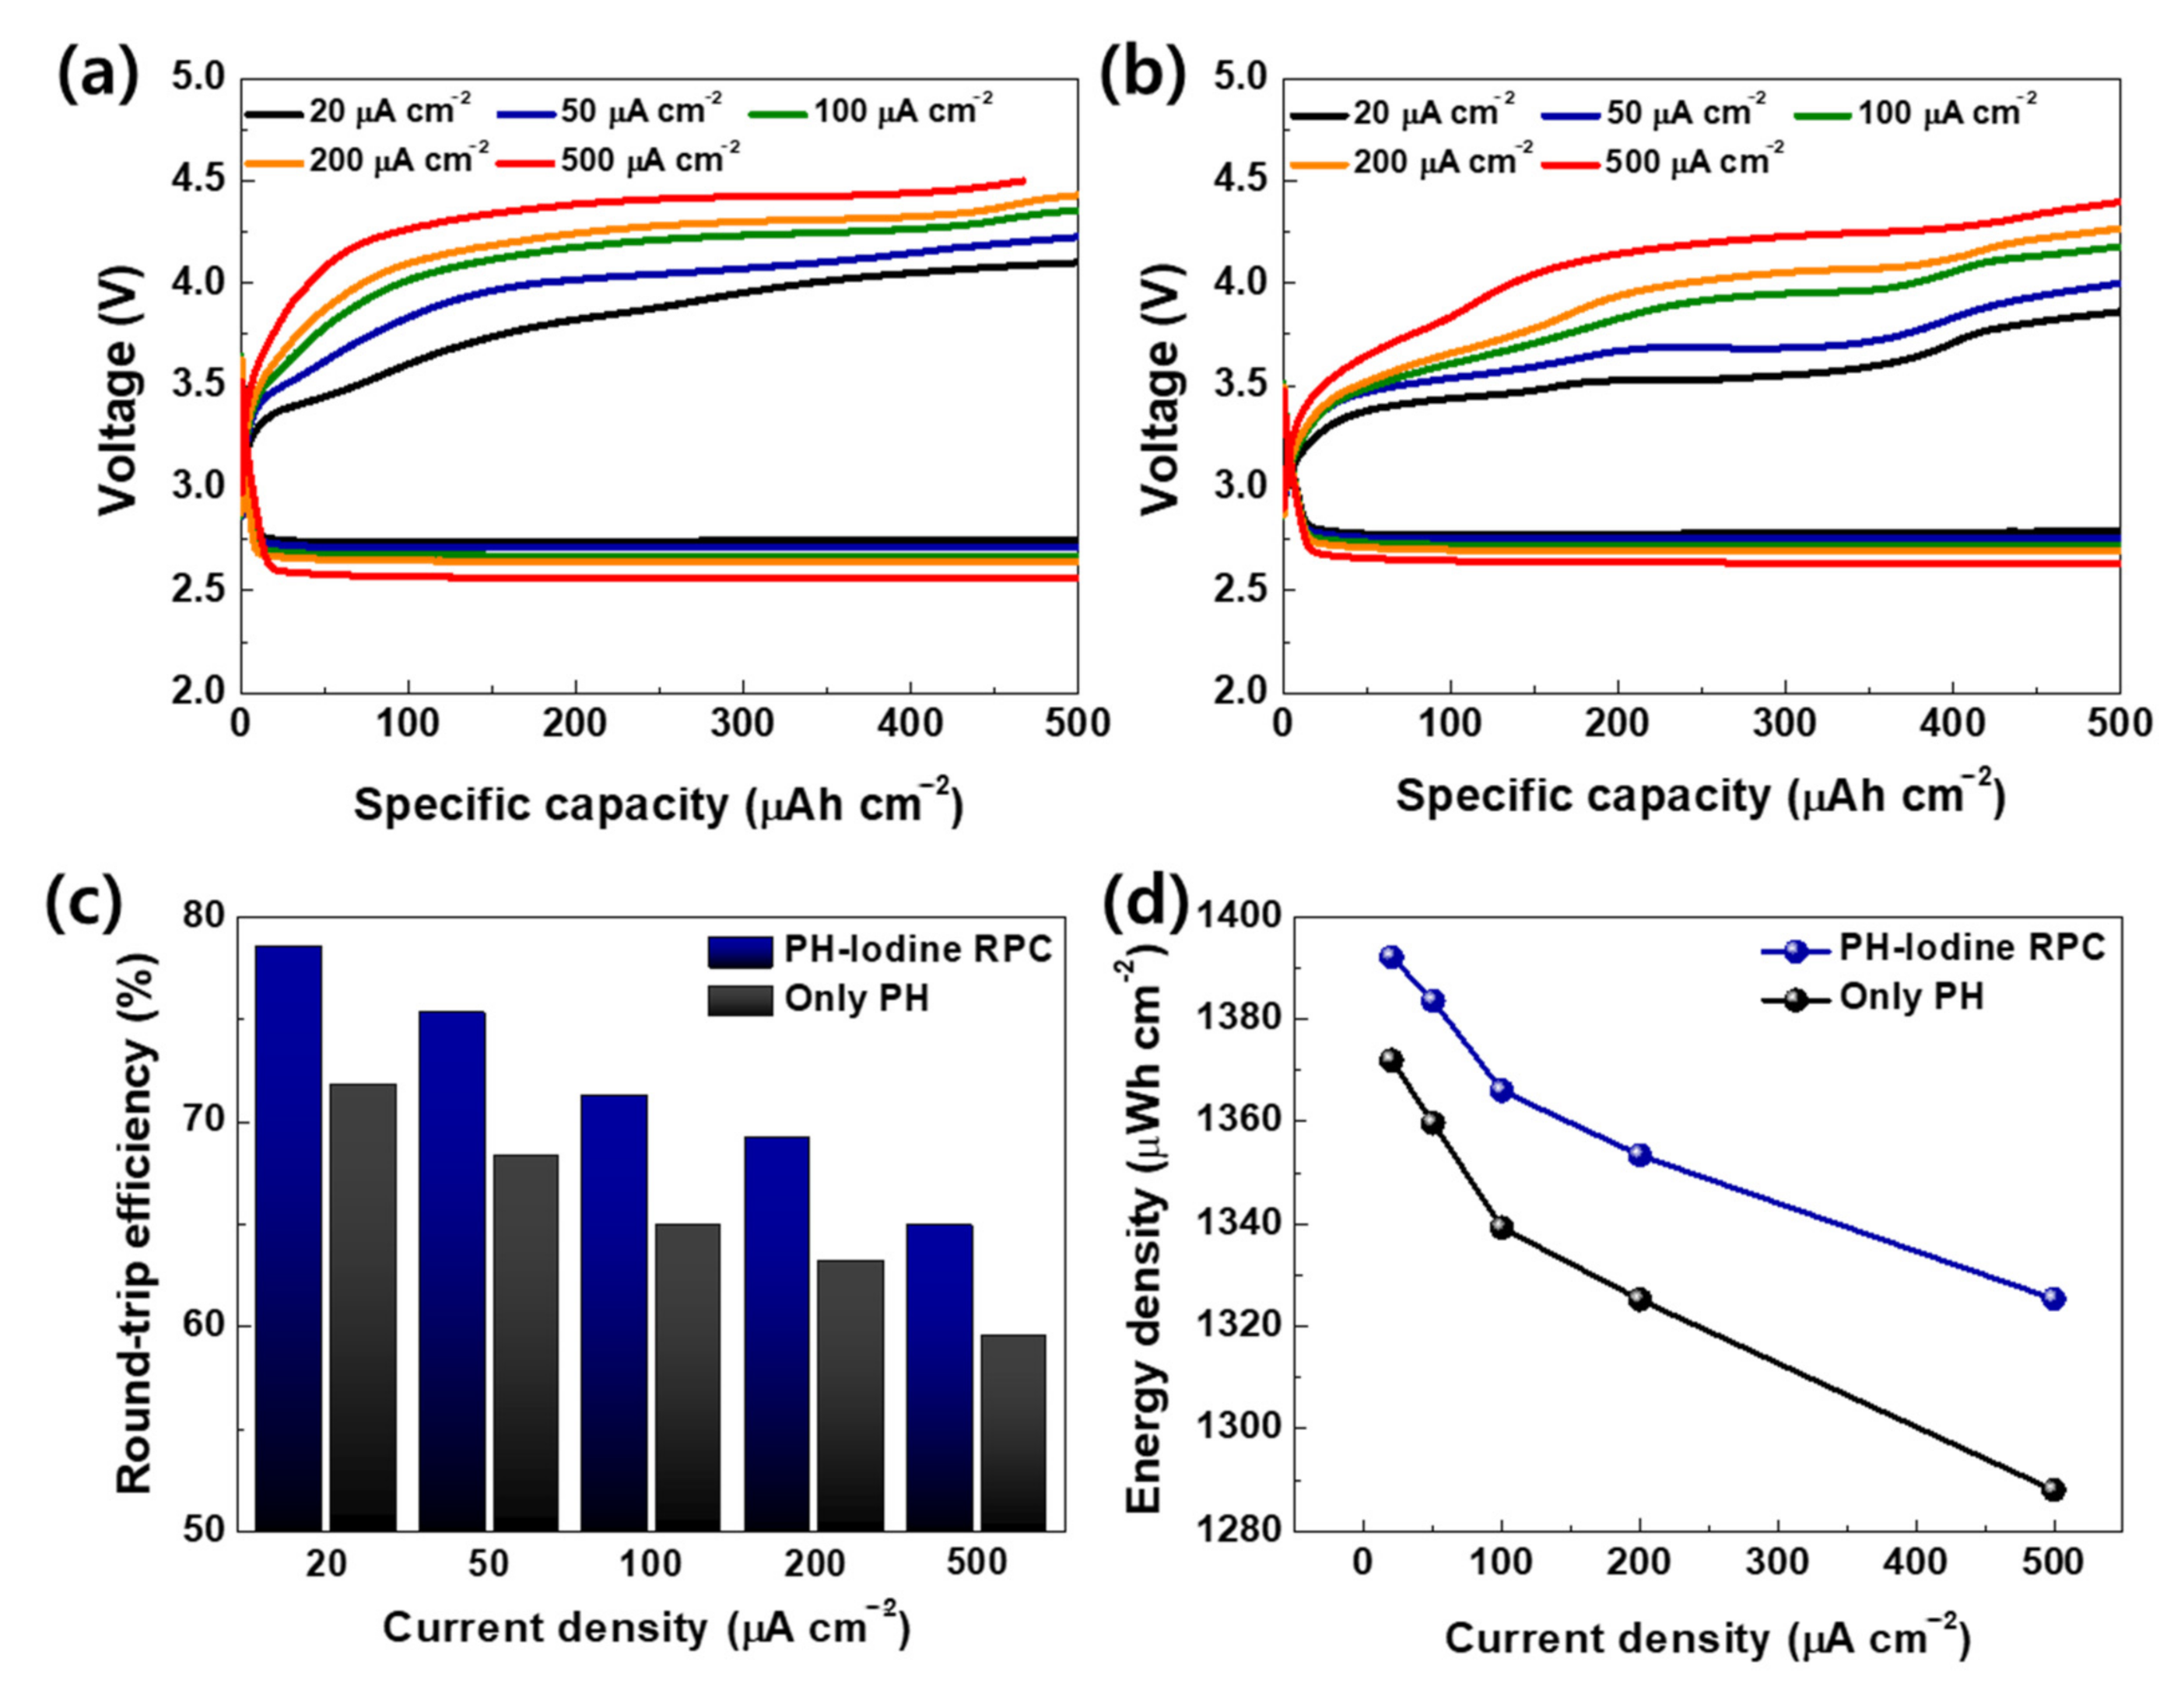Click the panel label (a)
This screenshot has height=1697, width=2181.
click(96, 77)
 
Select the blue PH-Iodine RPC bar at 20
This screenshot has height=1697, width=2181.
click(289, 1238)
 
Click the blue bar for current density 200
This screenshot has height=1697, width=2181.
click(777, 1333)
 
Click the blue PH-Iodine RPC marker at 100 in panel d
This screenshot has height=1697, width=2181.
click(1501, 1091)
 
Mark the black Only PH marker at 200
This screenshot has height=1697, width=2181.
click(1639, 1300)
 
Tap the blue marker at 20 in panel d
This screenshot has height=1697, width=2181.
click(1391, 957)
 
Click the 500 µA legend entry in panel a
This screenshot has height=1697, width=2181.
click(649, 159)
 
